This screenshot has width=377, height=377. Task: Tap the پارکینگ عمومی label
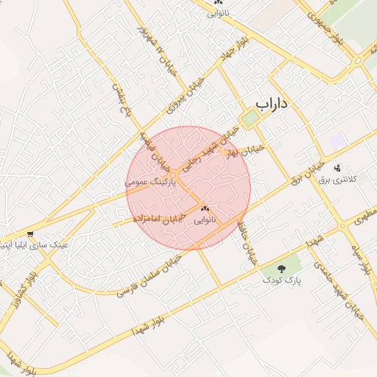pos(152,180)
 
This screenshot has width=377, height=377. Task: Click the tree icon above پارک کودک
pos(282,269)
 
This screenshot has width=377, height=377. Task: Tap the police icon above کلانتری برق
pos(337,168)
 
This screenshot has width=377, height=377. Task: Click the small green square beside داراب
pos(251,118)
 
